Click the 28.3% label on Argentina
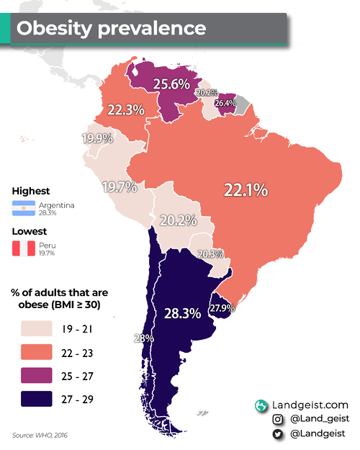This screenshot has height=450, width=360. click(182, 314)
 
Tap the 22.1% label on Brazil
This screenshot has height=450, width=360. click(246, 191)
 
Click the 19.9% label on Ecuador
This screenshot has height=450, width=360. click(96, 138)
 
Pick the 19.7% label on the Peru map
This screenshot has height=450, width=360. click(120, 187)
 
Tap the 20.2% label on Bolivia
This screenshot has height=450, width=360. click(178, 220)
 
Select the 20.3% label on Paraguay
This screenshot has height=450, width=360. click(210, 254)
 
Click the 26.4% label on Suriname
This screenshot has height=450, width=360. click(225, 103)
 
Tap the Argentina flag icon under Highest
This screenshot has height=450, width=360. click(24, 209)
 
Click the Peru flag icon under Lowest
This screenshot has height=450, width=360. click(24, 249)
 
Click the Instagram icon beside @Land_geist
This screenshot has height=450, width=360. click(276, 420)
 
